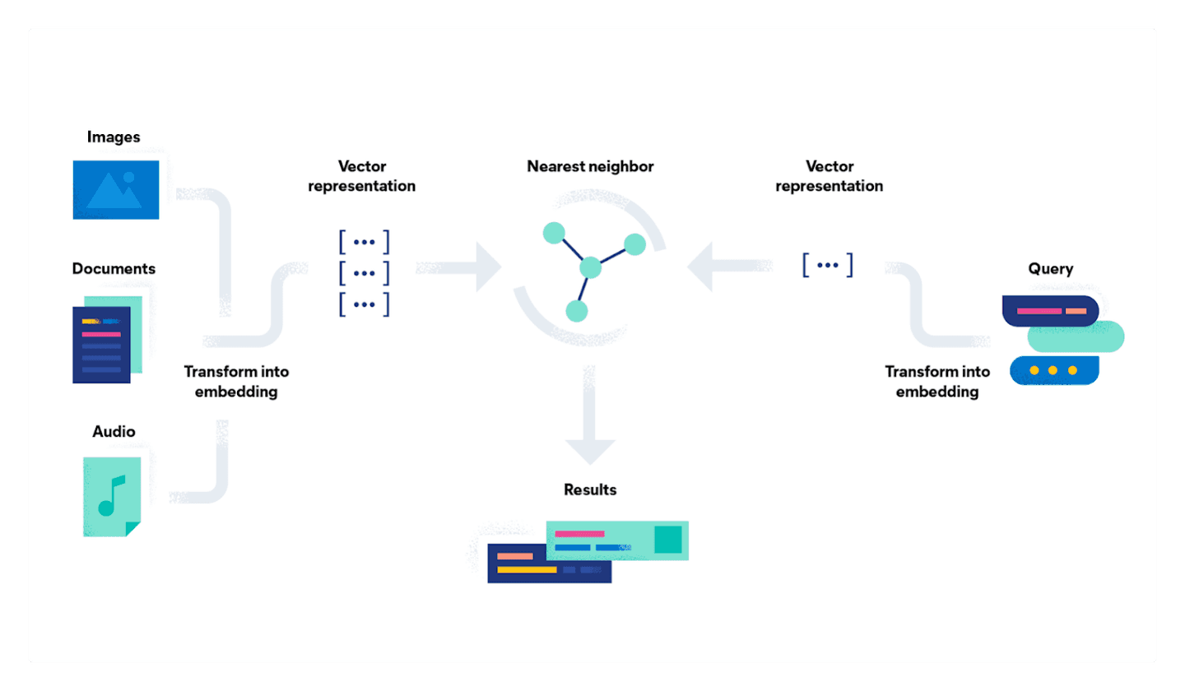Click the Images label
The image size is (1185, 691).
(x=113, y=137)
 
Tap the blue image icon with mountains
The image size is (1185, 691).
(x=115, y=190)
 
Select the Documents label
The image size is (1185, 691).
(x=114, y=269)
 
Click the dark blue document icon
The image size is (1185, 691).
(x=102, y=345)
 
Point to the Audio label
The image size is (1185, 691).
(x=114, y=432)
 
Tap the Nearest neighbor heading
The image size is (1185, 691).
(x=590, y=167)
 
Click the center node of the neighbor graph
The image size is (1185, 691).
(x=591, y=268)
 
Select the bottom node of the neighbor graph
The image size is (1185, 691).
(x=577, y=311)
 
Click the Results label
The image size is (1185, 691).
(x=590, y=490)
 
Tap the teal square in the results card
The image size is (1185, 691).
(x=668, y=540)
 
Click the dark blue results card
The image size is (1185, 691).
(x=527, y=568)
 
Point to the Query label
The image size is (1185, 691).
(x=1050, y=269)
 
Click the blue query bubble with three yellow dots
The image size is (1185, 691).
(x=1053, y=370)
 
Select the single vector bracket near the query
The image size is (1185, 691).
(x=827, y=265)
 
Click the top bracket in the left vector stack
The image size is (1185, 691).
(x=363, y=243)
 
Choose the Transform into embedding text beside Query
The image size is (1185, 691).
(x=936, y=382)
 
